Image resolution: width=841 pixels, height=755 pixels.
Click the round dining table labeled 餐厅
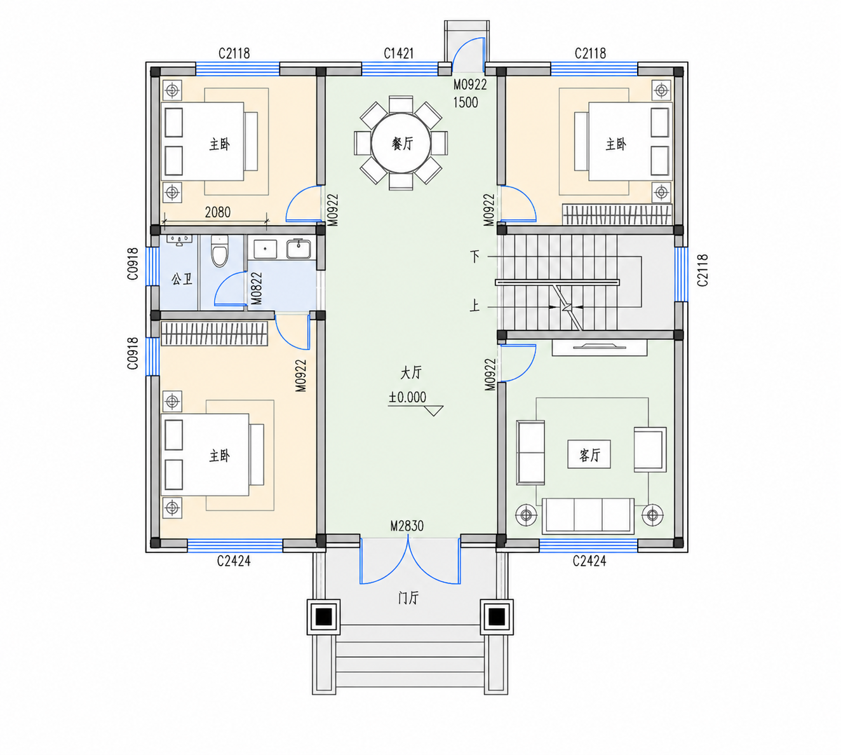(401, 143)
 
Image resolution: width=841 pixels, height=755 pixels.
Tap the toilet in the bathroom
(219, 251)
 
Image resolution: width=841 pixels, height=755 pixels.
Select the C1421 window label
(398, 53)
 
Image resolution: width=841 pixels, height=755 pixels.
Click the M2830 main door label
(407, 526)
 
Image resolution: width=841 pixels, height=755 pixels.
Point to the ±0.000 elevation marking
(407, 397)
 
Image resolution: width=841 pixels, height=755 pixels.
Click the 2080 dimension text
(217, 212)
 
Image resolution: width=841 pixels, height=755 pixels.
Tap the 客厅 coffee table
(589, 455)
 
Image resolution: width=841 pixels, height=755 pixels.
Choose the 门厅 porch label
(408, 598)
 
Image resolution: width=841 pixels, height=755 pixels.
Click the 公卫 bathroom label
(182, 279)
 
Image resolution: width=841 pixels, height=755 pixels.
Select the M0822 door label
(257, 289)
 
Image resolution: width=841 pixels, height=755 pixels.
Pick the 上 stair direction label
(474, 306)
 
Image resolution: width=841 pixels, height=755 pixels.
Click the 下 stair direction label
(475, 256)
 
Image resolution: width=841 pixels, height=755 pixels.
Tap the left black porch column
(324, 616)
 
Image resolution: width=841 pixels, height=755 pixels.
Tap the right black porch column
(497, 616)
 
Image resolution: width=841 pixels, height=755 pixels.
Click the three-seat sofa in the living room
(588, 516)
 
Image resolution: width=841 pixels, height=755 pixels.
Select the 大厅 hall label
(411, 372)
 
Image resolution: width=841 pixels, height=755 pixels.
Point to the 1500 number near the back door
(466, 102)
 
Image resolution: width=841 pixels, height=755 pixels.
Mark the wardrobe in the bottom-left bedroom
(214, 334)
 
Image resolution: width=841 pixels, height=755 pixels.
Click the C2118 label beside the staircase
(702, 270)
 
